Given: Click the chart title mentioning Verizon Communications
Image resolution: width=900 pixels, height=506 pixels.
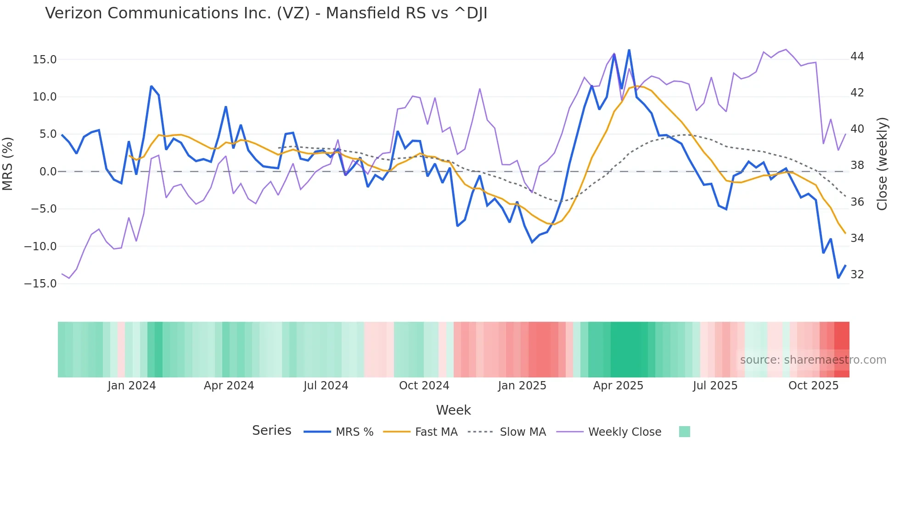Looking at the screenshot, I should (x=266, y=13).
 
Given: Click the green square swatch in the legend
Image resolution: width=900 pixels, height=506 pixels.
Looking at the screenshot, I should (x=684, y=432).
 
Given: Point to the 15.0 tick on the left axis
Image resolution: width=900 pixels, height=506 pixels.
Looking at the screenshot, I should (x=45, y=60).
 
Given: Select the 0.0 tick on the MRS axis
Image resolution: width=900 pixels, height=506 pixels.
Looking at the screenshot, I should (x=48, y=172).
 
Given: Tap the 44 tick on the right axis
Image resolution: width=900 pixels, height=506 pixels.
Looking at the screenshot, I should (x=857, y=56).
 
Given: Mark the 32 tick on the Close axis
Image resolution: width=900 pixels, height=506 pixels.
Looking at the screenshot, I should (x=857, y=275).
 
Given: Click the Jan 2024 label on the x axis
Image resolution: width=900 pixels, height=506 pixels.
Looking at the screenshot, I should (x=132, y=386).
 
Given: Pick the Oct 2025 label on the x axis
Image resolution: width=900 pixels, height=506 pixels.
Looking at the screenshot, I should (x=813, y=386).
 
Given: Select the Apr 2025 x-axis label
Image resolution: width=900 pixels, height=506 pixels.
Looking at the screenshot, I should (x=618, y=386).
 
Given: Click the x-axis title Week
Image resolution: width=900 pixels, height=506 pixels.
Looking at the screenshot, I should (x=453, y=410).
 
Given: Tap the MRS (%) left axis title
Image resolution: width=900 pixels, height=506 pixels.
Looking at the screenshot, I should (x=8, y=163).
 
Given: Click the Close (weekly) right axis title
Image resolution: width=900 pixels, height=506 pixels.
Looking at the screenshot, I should (x=882, y=164).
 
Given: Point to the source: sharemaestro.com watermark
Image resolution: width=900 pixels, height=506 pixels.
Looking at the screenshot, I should (x=813, y=360).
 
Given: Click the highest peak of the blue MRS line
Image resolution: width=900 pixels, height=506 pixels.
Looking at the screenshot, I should (x=629, y=50).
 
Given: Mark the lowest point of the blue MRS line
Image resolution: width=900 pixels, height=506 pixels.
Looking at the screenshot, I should (x=838, y=278).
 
